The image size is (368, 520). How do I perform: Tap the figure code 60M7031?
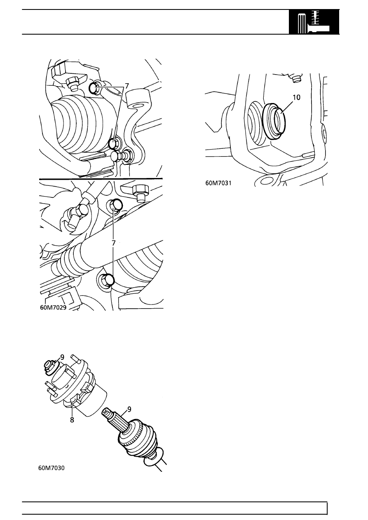click(x=218, y=184)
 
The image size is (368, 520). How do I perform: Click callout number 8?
click(x=72, y=422)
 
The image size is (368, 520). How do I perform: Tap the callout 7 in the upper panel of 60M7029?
click(x=127, y=86)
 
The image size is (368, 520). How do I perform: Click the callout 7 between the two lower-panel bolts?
click(x=114, y=244)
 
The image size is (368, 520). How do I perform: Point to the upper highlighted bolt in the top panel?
click(x=94, y=87)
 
